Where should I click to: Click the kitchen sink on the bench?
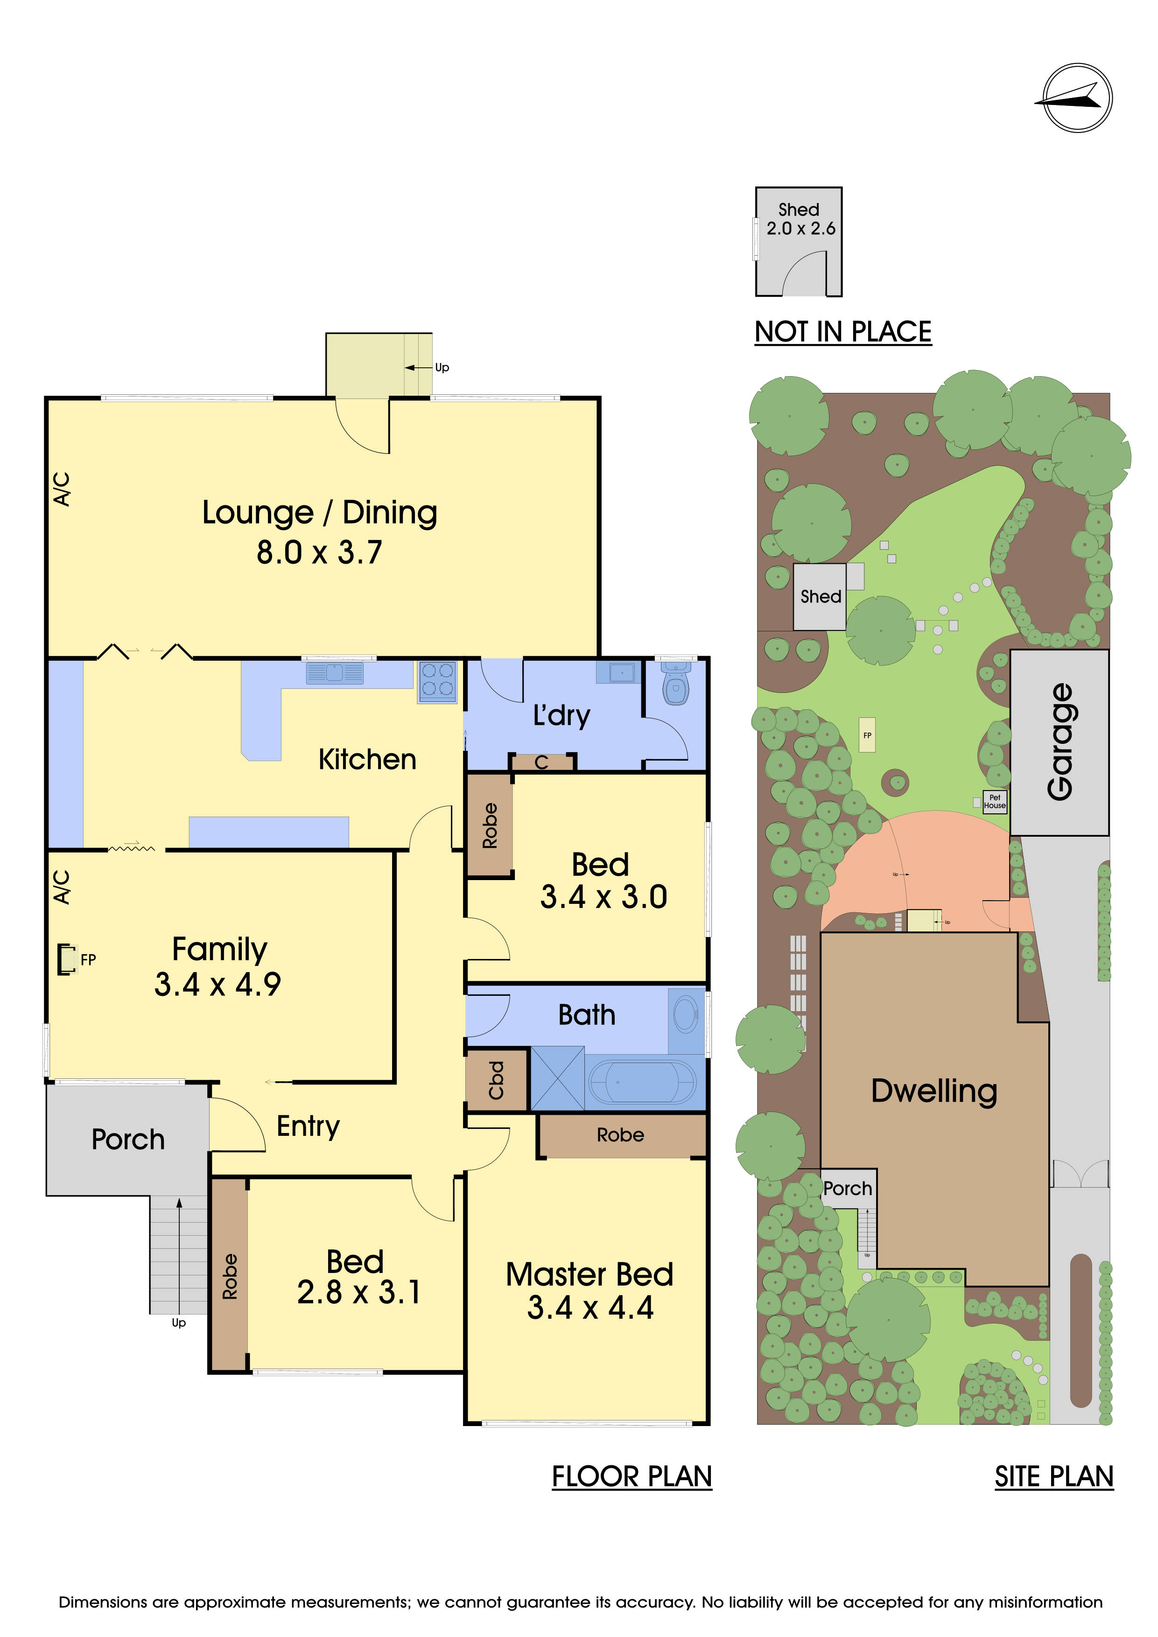point(334,672)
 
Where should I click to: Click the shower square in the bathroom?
point(558,1078)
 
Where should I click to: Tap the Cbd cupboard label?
point(496,1080)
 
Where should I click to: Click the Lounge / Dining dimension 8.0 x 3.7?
point(319,553)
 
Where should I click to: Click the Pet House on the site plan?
point(994,801)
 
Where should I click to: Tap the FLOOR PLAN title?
point(632,1476)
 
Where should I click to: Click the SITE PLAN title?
point(1054,1476)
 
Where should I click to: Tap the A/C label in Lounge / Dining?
point(63,489)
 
